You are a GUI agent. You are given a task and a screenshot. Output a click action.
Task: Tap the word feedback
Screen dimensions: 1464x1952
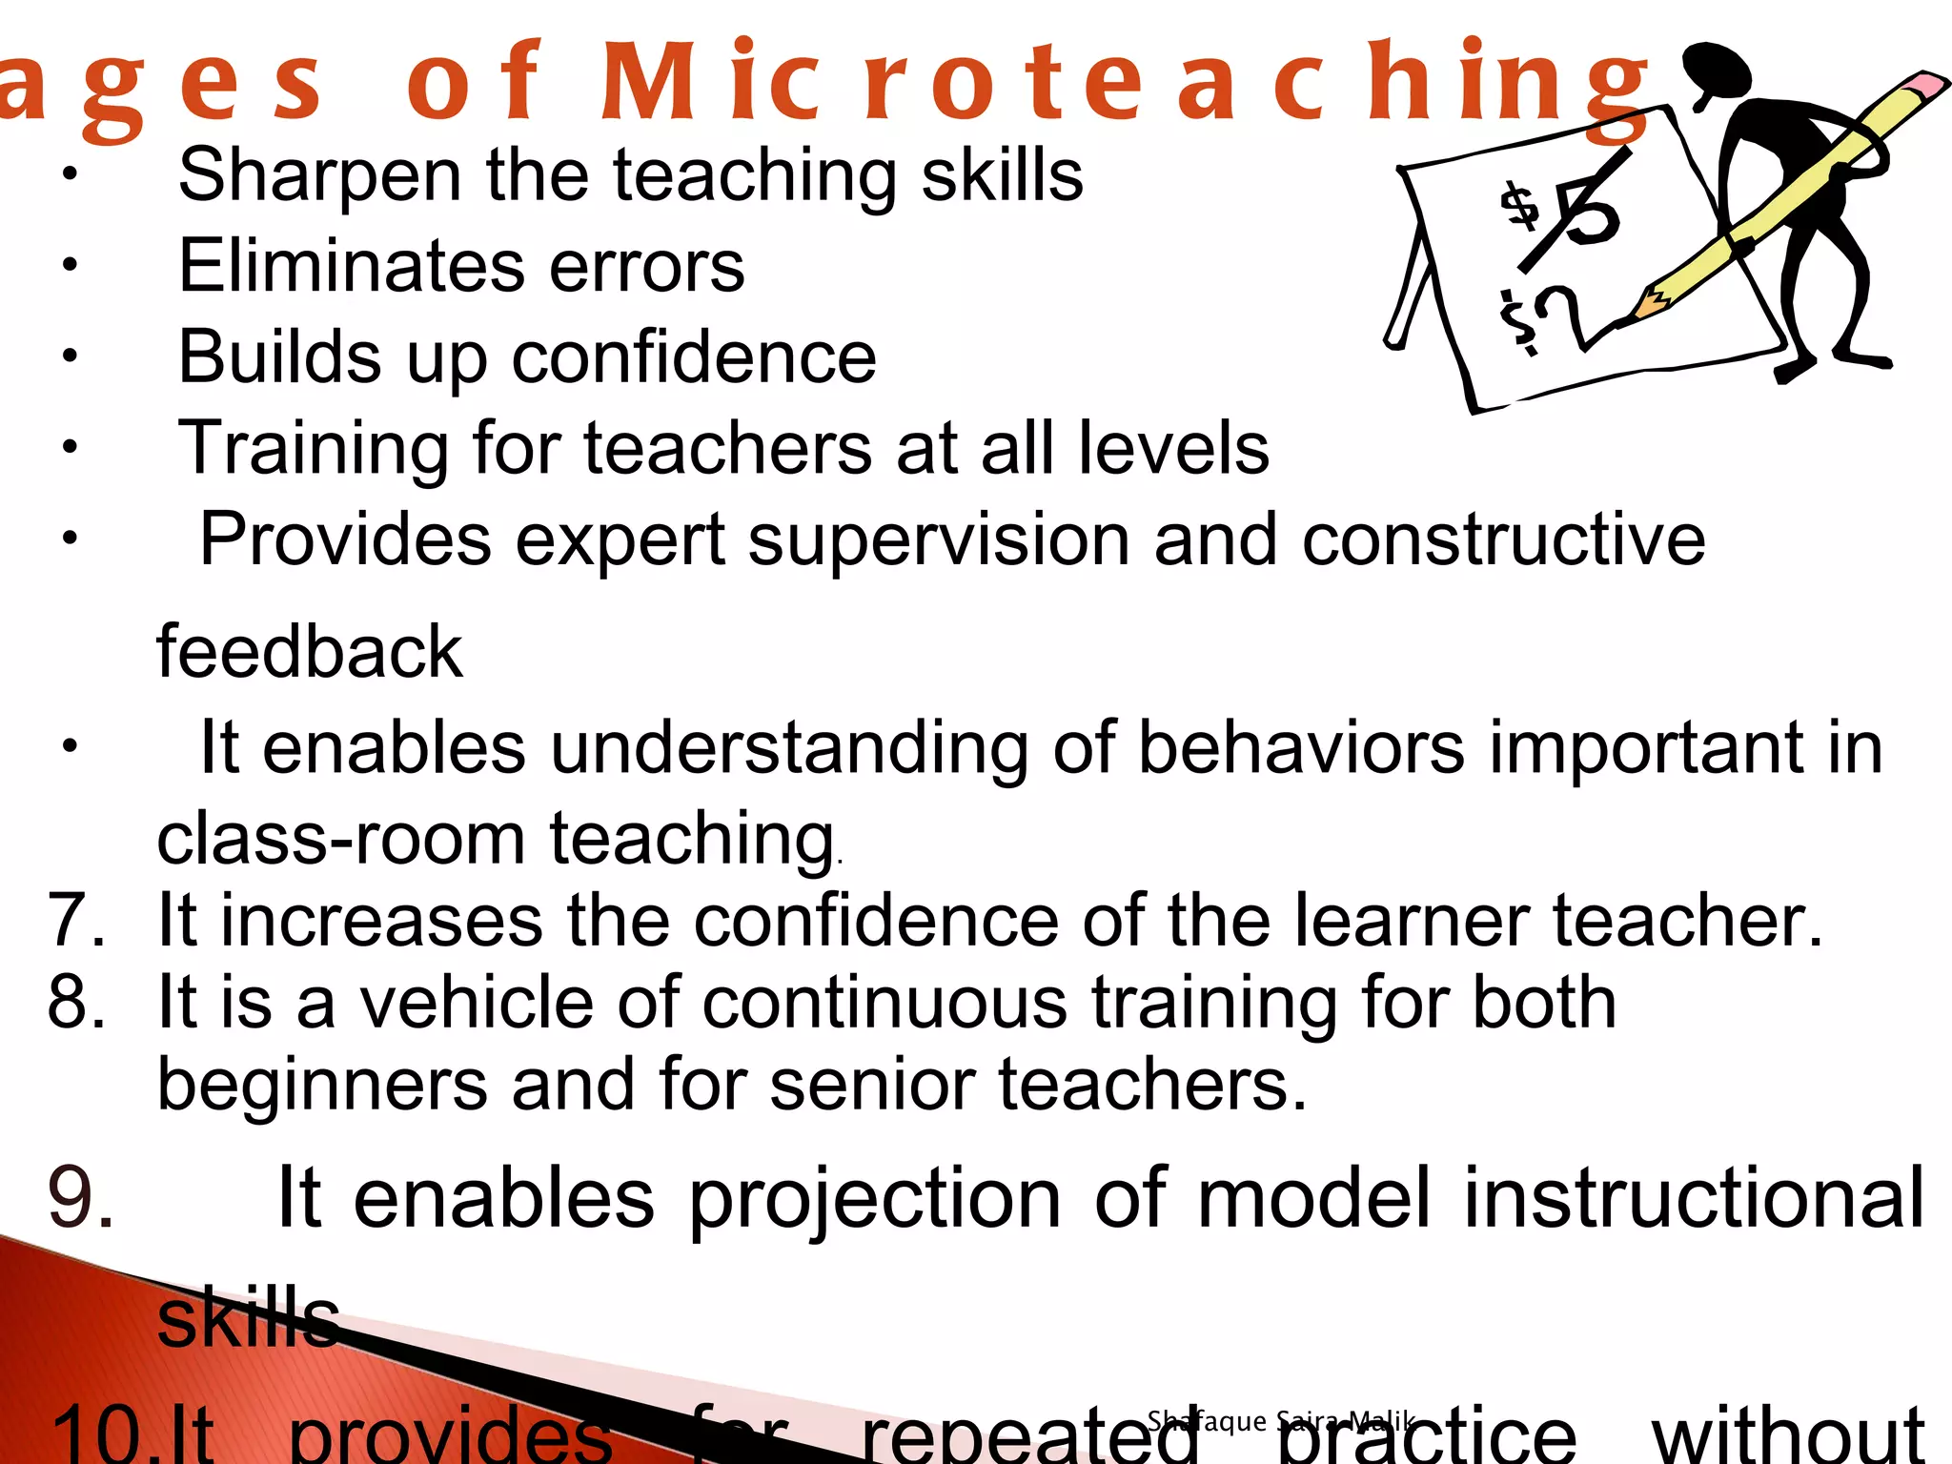[310, 653]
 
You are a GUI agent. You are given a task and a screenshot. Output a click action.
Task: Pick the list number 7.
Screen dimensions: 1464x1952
[76, 921]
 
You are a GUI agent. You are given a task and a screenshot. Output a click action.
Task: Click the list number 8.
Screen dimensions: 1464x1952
[76, 1003]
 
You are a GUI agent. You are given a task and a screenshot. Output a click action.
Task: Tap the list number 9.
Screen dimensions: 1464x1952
[81, 1199]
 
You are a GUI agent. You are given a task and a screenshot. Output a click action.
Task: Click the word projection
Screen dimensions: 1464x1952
[874, 1199]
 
